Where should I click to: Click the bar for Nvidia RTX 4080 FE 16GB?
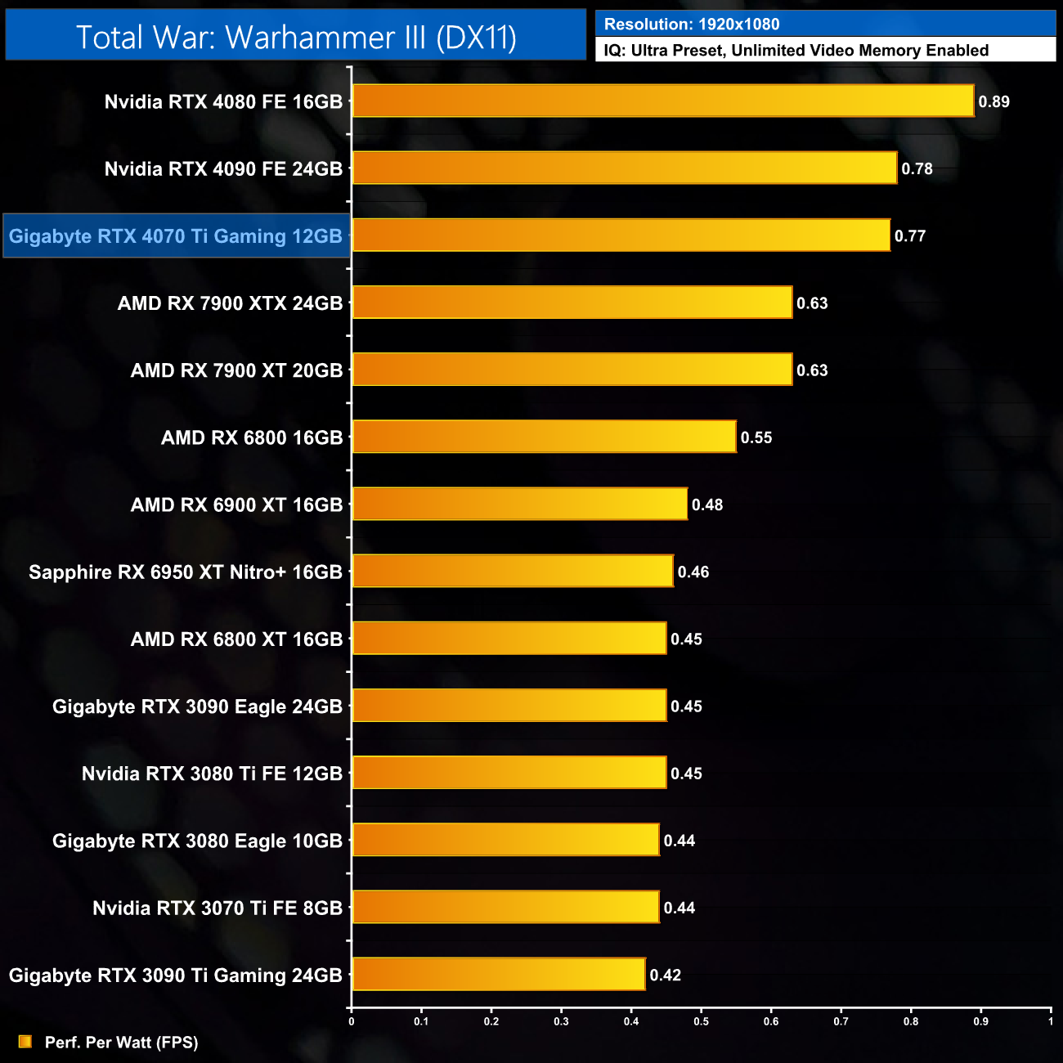click(662, 101)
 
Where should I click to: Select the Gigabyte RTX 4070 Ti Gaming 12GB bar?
click(621, 235)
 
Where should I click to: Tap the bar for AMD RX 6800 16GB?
click(544, 437)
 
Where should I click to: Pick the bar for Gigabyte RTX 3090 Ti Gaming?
click(498, 974)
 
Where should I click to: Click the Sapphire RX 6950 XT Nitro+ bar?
click(513, 571)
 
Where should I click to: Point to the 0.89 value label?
click(993, 102)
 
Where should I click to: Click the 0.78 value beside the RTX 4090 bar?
click(917, 169)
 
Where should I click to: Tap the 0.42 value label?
click(665, 975)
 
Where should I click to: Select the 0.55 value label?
click(756, 437)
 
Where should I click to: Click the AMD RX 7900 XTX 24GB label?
click(230, 303)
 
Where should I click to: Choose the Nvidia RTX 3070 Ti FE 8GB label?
click(217, 908)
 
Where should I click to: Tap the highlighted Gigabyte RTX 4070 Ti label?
click(176, 236)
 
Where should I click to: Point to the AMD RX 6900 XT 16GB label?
click(236, 505)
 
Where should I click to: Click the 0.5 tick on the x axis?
click(702, 1021)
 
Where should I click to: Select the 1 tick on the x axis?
click(1051, 1021)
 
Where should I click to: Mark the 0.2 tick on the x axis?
click(491, 1021)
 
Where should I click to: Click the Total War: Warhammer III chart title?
click(296, 37)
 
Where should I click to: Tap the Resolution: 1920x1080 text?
click(692, 25)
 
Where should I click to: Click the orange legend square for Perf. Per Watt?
click(25, 1042)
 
